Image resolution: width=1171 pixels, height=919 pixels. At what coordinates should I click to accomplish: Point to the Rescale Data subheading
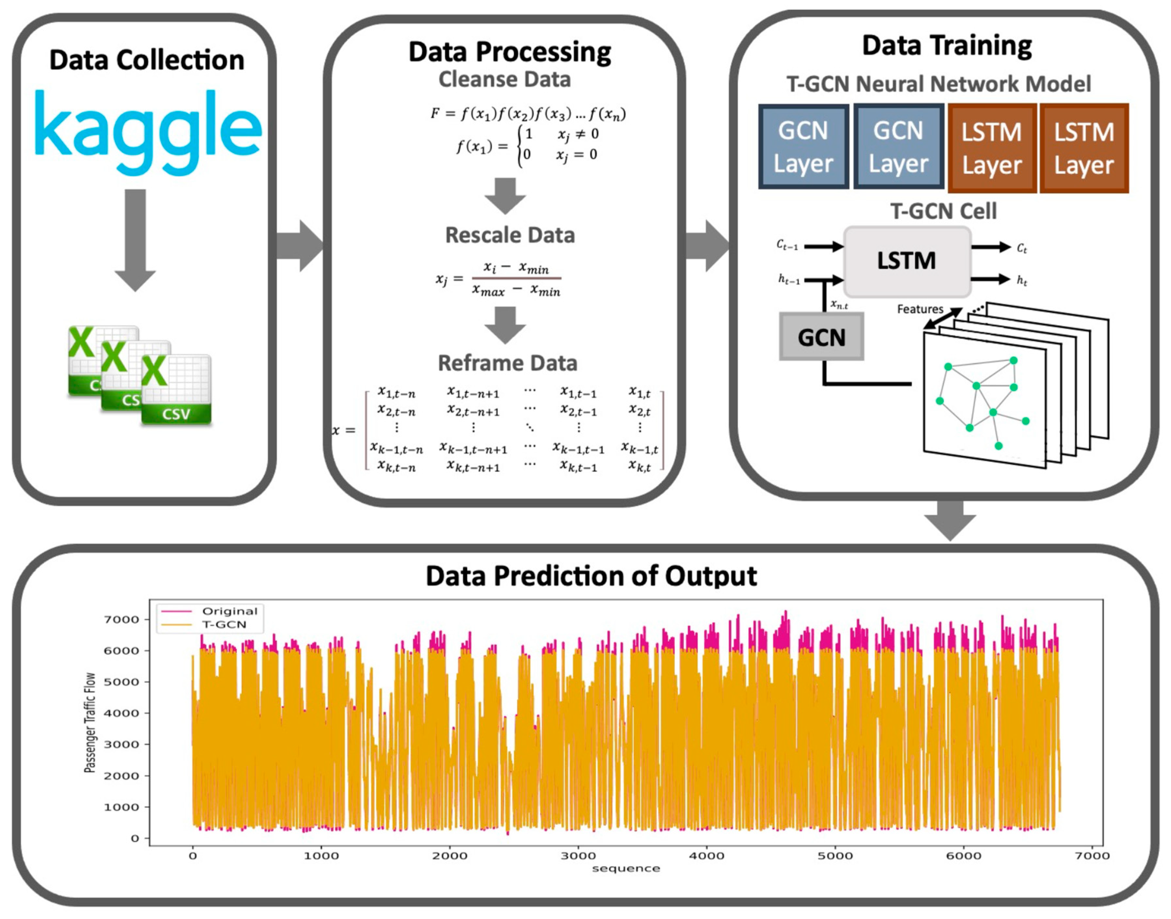(509, 235)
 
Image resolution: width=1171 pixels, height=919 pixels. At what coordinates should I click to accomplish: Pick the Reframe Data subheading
(507, 363)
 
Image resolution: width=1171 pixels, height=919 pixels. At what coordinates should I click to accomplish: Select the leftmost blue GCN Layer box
(803, 146)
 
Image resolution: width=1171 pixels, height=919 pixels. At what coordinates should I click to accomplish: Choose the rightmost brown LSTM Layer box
(1083, 148)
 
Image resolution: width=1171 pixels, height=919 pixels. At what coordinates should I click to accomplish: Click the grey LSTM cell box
(907, 261)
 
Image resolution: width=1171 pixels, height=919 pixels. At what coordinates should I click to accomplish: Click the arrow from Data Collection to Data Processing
(300, 246)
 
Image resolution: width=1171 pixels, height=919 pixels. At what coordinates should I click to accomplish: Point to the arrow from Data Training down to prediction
(950, 519)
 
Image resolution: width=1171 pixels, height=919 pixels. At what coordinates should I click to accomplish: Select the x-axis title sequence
(626, 869)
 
